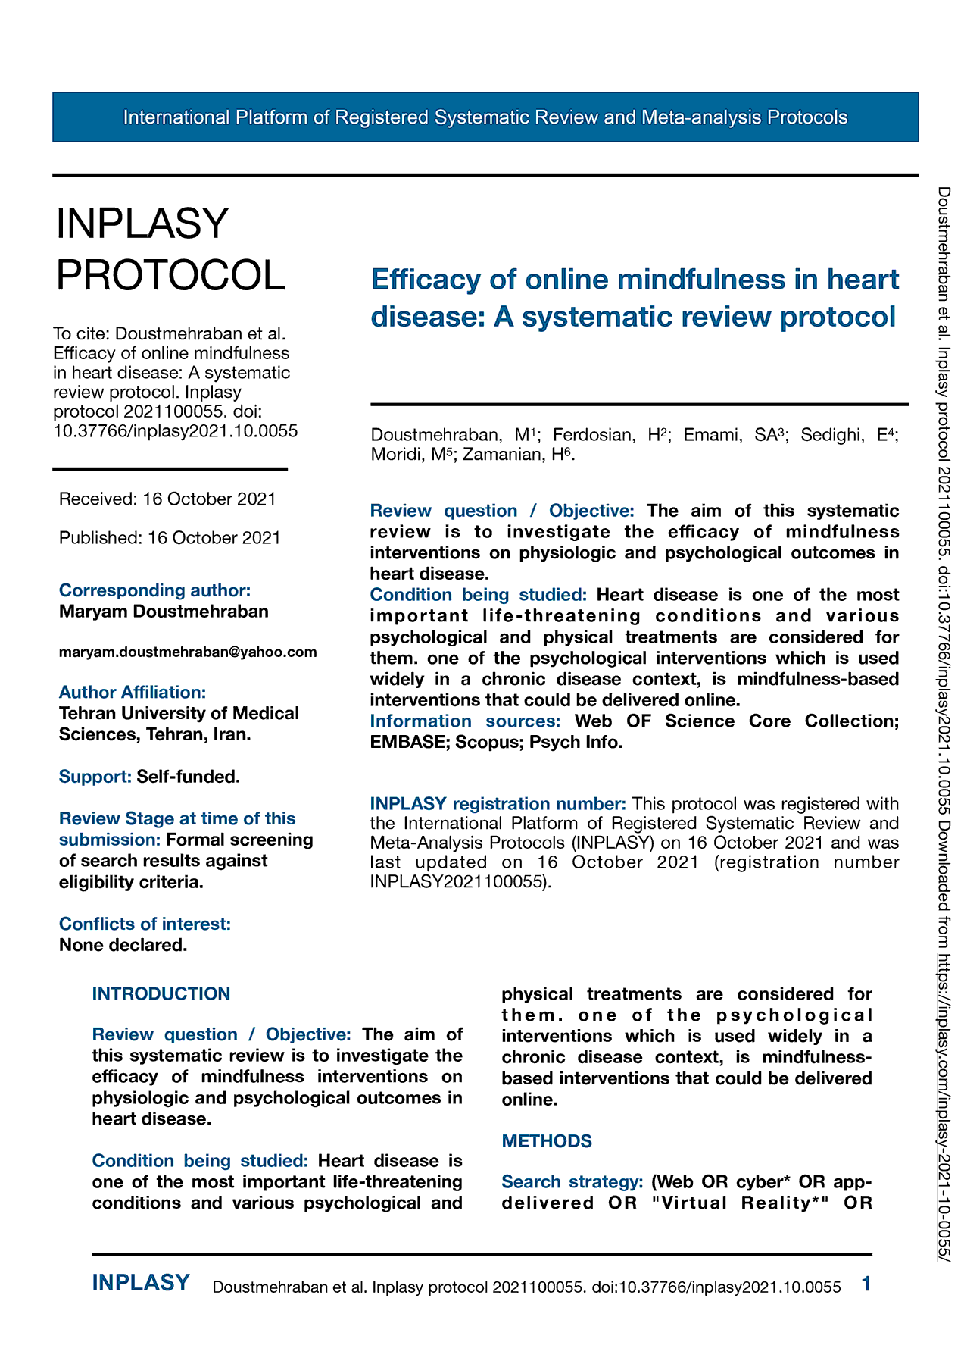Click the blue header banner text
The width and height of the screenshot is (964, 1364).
485,117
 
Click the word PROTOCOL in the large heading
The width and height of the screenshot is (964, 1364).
171,274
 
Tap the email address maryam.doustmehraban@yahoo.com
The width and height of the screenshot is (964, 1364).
188,652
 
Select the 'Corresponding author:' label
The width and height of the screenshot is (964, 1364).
154,590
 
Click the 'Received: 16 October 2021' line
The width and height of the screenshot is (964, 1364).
167,499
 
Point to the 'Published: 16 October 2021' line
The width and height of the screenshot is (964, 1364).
170,537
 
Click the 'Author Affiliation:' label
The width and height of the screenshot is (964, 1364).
133,692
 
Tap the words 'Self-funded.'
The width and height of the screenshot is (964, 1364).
188,777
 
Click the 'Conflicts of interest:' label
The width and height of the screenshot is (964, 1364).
145,924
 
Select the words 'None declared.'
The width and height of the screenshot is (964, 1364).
123,945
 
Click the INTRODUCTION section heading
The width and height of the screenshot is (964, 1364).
161,993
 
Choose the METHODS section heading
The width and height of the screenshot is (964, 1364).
547,1140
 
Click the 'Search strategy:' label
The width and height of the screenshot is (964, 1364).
572,1181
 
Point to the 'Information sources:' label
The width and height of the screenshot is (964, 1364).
465,721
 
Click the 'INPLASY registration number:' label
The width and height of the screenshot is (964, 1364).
498,803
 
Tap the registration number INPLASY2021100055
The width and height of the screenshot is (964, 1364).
457,881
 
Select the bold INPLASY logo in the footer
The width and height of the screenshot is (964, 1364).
141,1282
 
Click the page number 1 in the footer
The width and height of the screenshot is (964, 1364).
866,1284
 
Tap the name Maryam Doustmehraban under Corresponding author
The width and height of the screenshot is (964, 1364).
164,612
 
